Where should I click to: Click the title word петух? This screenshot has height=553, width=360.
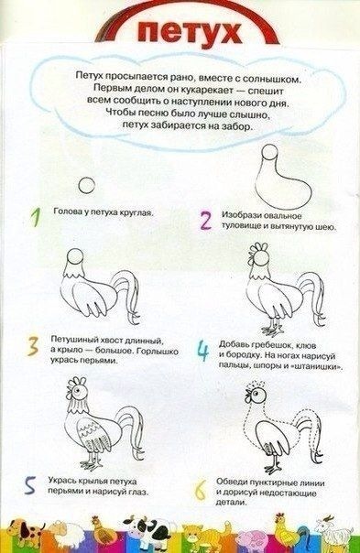coord(190,32)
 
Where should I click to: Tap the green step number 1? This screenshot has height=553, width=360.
coord(35,217)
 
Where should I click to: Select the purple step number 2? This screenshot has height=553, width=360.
coord(205,221)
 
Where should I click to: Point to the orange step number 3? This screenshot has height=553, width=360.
coord(33,346)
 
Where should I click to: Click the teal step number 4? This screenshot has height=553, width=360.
coord(203,351)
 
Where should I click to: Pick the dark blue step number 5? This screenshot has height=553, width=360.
coord(30,485)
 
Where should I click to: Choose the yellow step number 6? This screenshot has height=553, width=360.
coord(200,490)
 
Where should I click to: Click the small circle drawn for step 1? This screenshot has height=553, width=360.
coord(86,185)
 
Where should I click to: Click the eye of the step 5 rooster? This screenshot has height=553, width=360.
coord(79,390)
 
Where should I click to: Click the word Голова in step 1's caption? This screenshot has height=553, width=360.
coord(65,211)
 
